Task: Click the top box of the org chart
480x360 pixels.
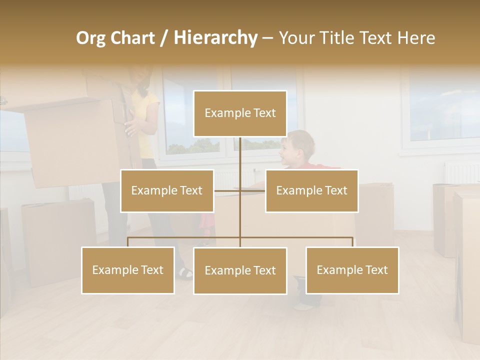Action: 240,113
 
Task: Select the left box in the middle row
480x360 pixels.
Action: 167,190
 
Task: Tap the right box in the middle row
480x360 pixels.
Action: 311,190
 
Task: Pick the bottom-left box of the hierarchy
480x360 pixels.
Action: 128,270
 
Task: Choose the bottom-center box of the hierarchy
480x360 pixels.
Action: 240,270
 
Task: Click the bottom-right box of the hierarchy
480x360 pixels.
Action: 352,270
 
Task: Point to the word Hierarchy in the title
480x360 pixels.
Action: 215,38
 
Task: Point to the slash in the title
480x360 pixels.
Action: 164,38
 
